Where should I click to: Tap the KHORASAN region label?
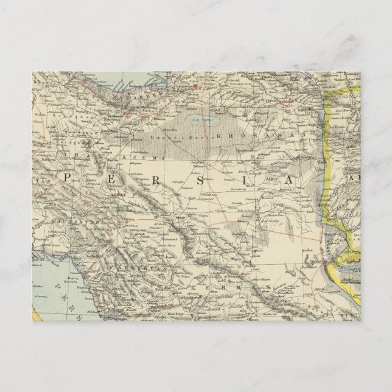(268, 132)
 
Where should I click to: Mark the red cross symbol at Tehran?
(128, 114)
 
